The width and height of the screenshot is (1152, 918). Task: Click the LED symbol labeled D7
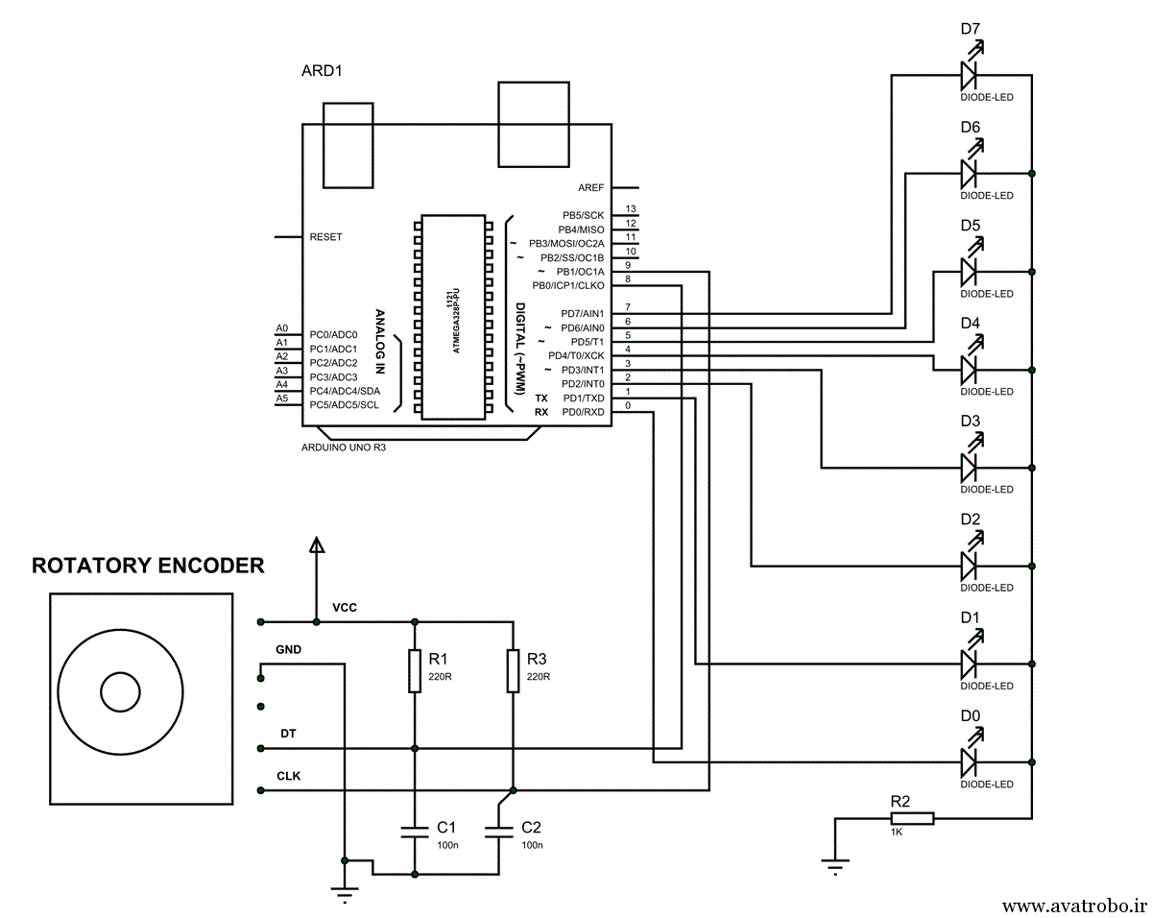969,74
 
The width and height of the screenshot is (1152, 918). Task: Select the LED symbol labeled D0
969,762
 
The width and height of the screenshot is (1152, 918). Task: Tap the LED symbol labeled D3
969,468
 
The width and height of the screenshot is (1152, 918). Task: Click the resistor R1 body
415,670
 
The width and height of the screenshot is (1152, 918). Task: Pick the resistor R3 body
514,670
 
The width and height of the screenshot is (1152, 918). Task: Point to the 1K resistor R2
911,818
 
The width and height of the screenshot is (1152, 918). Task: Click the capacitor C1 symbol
415,831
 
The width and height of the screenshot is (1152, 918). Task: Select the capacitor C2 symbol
498,831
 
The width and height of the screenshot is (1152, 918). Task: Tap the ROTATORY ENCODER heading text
148,566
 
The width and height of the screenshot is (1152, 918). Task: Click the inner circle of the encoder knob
121,691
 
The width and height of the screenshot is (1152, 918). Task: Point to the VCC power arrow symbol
316,545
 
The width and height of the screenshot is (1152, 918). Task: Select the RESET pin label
326,236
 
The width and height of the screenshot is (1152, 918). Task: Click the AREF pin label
590,187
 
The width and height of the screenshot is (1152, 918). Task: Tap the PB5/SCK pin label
583,215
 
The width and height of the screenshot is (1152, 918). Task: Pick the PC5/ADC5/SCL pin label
344,405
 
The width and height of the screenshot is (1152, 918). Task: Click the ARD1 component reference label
322,71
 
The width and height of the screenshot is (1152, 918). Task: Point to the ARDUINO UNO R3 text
344,447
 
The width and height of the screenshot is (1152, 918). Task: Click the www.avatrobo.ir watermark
1074,905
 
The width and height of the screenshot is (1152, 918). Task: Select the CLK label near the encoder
288,776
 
